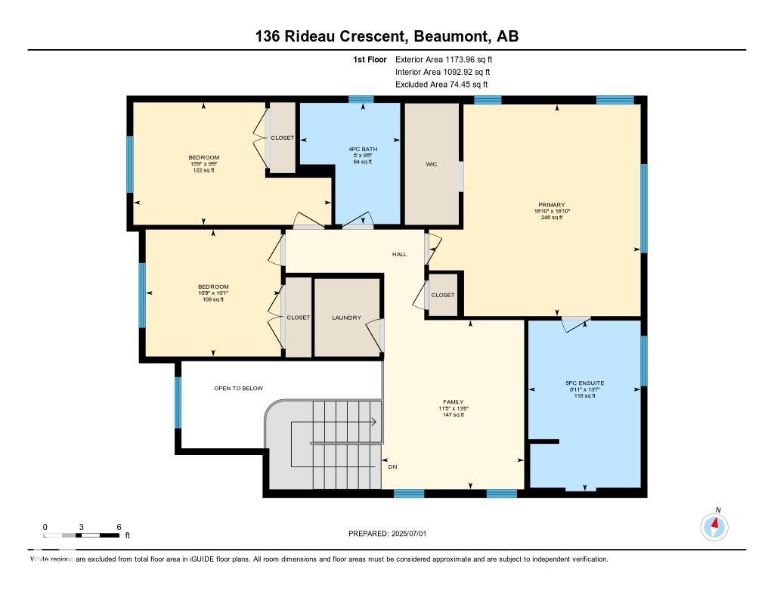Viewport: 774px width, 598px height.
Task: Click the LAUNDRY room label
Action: [x=346, y=318]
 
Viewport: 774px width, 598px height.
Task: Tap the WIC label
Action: [x=431, y=164]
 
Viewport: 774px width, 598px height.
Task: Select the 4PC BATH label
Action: [x=363, y=150]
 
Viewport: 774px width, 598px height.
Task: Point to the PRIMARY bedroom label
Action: [x=552, y=204]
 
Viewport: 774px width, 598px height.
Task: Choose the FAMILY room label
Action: [x=453, y=401]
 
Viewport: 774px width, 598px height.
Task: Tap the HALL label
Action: [x=399, y=254]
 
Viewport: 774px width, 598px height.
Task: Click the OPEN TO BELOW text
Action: [x=238, y=389]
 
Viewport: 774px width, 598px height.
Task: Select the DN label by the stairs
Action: [x=392, y=467]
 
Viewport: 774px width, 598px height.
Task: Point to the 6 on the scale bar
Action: [x=118, y=526]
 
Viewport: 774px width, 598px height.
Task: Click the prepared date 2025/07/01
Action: [x=408, y=534]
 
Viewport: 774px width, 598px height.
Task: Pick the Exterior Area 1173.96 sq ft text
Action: [x=446, y=59]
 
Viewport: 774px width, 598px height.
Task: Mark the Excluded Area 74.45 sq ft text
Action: [x=441, y=85]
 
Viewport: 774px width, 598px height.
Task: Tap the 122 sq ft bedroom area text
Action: [x=204, y=170]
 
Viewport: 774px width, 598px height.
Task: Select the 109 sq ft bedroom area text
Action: [x=213, y=299]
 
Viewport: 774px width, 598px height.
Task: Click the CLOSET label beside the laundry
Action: [x=299, y=318]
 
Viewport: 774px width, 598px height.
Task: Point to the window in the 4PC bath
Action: [x=361, y=99]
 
